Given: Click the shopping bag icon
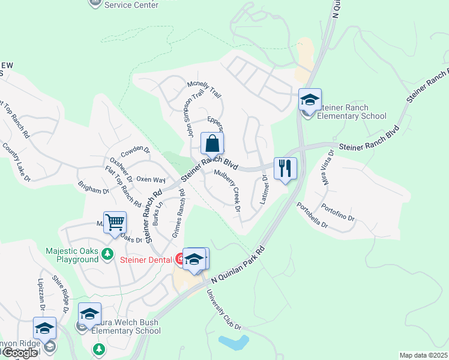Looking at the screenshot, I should (x=212, y=144).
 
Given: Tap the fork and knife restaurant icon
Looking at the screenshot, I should (x=285, y=168).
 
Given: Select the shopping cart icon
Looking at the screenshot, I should (x=115, y=222).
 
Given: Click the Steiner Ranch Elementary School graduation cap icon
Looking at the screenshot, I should (x=310, y=100).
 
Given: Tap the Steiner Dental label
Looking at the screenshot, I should (x=147, y=259).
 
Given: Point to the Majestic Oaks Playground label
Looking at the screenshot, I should (x=72, y=255).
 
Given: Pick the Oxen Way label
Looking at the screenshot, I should (x=151, y=179).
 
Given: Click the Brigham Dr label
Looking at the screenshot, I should (x=94, y=188).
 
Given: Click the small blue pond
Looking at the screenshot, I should (x=234, y=343).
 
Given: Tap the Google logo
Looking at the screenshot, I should (x=20, y=353).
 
